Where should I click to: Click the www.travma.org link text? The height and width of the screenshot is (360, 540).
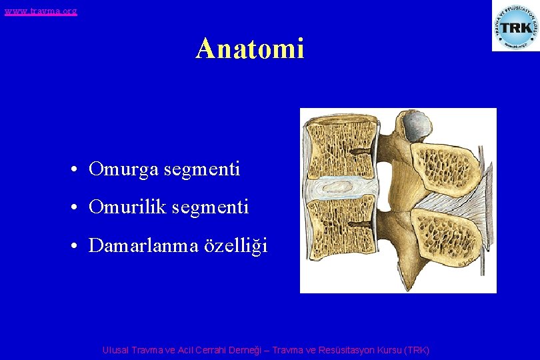pyautogui.click(x=40, y=11)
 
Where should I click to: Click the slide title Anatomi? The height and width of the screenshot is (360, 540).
pyautogui.click(x=250, y=49)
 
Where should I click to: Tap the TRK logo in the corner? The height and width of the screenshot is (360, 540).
pyautogui.click(x=515, y=26)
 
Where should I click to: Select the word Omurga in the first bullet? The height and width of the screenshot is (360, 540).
pyautogui.click(x=121, y=170)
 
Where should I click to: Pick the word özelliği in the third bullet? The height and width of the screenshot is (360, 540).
pyautogui.click(x=236, y=247)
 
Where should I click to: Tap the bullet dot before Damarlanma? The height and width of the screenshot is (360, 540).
pyautogui.click(x=78, y=247)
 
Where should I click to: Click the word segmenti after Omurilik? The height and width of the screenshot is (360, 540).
pyautogui.click(x=210, y=208)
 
